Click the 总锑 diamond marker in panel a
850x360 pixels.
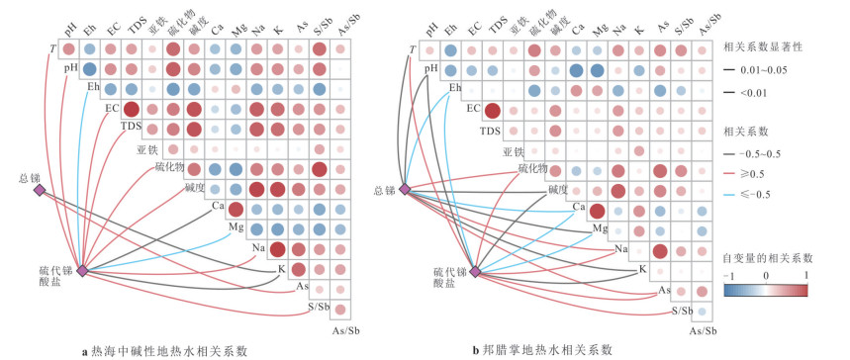coord(40,190)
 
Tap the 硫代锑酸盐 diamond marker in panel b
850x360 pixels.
coord(475,271)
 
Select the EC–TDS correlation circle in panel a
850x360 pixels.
coord(132,110)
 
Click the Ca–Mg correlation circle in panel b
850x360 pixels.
coord(597,211)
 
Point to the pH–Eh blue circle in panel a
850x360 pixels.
coord(89,69)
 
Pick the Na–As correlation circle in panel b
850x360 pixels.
coord(660,251)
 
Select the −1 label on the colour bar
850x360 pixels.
coord(728,276)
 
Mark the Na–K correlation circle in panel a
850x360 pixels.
coord(277,250)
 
